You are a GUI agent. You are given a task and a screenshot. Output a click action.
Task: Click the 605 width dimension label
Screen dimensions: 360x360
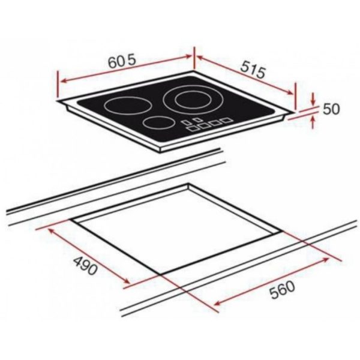coord(122,62)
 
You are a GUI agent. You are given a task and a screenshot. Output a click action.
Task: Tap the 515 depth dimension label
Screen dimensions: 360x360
coord(253,70)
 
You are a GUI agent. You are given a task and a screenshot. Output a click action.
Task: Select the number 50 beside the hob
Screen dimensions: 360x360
coord(331,109)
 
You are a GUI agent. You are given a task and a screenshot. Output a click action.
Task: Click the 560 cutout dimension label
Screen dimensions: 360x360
coord(282,290)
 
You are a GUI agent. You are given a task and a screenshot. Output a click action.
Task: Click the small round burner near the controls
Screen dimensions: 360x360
coord(158,122)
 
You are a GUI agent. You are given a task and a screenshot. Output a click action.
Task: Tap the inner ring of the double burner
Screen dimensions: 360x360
coord(193,100)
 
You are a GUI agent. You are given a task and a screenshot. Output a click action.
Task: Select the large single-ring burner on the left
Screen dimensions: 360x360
coord(126,106)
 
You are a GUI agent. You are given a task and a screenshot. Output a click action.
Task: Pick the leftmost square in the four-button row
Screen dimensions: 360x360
coord(191,128)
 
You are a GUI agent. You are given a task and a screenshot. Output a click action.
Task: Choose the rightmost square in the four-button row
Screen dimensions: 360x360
coord(226,120)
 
